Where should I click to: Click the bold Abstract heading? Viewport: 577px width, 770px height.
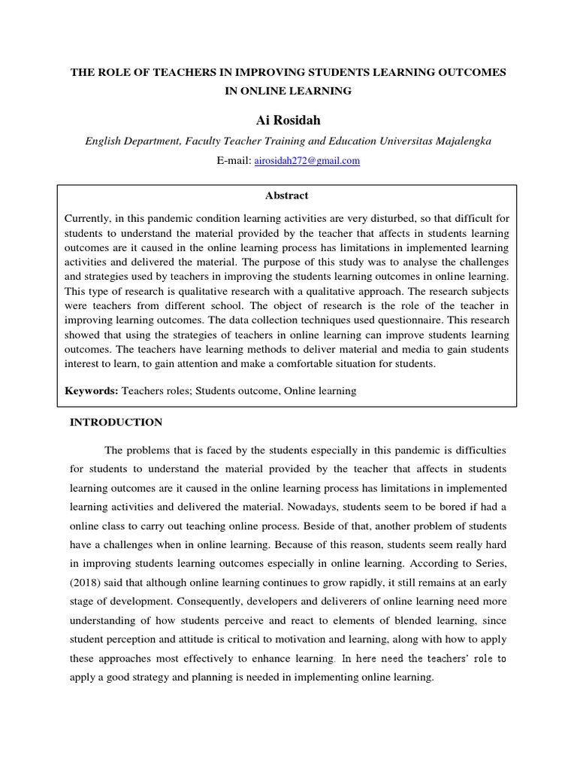click(286, 196)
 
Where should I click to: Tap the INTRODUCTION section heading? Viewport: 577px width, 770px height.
click(116, 423)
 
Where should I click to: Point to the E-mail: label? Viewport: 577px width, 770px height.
click(234, 161)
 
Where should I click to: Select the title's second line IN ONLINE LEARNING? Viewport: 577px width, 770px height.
click(288, 91)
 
